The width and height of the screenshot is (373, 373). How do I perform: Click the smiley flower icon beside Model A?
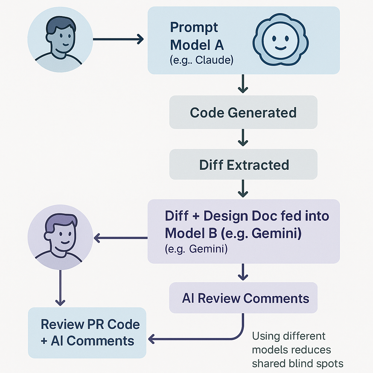(x=280, y=39)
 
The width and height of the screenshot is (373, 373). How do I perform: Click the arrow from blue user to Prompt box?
(x=118, y=39)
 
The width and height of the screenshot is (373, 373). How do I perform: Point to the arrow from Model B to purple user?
(x=121, y=237)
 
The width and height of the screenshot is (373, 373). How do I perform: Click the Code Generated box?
(x=243, y=112)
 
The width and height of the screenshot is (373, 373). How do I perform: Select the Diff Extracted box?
(x=243, y=164)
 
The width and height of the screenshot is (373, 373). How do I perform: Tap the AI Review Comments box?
(x=243, y=298)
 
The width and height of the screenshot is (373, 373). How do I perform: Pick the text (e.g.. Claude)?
(x=201, y=60)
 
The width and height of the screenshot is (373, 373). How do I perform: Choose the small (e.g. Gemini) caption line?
(x=196, y=249)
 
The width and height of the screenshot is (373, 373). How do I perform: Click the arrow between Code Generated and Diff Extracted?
(x=243, y=137)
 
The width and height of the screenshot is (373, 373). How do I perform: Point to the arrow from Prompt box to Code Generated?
(x=243, y=83)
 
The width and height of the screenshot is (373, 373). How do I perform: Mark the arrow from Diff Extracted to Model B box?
(x=243, y=188)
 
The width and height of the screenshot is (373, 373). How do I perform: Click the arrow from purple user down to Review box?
(x=60, y=288)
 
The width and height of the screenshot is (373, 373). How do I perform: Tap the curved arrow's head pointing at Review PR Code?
(x=152, y=339)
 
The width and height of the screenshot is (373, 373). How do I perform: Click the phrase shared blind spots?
(x=298, y=364)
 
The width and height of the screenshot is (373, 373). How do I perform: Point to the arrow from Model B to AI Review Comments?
(x=243, y=272)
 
